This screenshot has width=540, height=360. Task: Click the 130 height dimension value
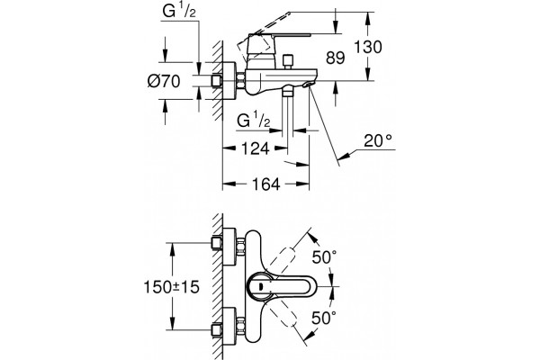tap(368, 47)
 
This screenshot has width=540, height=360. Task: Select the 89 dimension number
tap(336, 58)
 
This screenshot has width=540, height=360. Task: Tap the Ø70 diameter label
tap(164, 82)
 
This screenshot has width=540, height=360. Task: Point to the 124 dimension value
tap(255, 148)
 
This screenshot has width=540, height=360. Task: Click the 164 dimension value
tap(265, 184)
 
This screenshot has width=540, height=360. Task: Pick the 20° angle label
tap(378, 140)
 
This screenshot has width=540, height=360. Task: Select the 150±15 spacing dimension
tap(172, 286)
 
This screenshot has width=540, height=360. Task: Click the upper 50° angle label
tap(324, 256)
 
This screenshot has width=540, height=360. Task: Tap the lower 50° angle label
tap(324, 318)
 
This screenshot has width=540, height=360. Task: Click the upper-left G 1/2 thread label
tap(179, 12)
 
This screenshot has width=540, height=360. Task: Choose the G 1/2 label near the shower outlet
tap(254, 121)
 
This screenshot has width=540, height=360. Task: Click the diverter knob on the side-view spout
tap(287, 61)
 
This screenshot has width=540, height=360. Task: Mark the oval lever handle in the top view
tap(273, 286)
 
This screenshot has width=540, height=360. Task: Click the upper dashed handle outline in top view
tap(282, 256)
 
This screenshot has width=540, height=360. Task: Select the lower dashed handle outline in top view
tap(282, 315)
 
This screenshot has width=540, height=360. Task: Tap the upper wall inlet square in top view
tap(216, 243)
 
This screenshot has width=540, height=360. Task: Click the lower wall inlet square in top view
tap(216, 329)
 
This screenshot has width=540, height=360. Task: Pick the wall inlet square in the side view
tap(216, 81)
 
